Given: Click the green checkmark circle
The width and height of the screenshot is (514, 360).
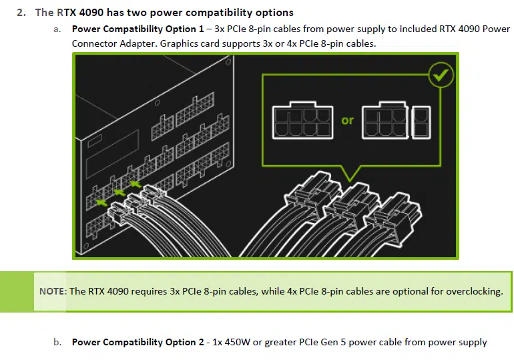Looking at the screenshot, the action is point(441,75).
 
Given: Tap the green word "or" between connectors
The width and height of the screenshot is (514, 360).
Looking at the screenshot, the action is point(348,120).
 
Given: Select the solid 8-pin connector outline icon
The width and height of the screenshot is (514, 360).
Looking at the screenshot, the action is point(302,120).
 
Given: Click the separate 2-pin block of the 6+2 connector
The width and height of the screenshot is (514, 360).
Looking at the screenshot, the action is point(421,122).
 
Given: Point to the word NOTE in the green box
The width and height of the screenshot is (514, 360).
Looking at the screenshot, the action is point(53,291).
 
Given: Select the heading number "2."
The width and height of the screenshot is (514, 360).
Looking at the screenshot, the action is point(21,13).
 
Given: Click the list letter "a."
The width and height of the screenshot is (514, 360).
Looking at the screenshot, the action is point(57,29).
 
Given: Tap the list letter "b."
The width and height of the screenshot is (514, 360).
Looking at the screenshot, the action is point(57,342).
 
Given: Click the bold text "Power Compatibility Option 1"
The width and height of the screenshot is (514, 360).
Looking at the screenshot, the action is point(138,29).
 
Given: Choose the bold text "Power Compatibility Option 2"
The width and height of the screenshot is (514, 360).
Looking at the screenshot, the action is point(138,342).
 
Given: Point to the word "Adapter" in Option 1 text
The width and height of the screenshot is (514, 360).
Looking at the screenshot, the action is point(138,43).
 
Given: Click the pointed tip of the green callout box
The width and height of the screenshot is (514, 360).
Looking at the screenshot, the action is point(350,181).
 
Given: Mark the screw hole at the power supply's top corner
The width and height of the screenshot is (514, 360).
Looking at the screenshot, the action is point(228,61).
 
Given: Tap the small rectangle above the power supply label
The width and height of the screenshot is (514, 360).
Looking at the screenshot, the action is point(95,140).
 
